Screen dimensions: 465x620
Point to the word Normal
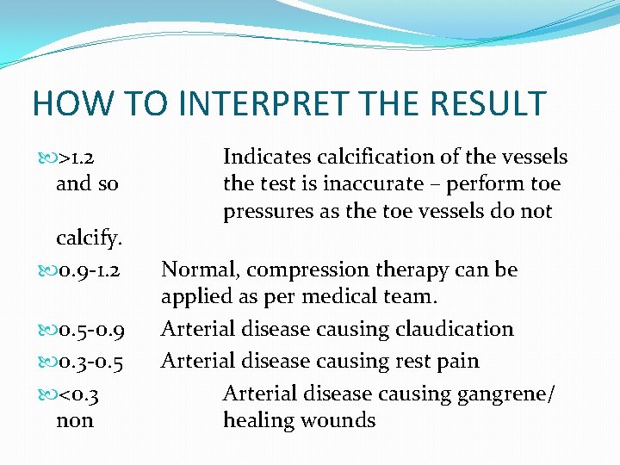[199, 270]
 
